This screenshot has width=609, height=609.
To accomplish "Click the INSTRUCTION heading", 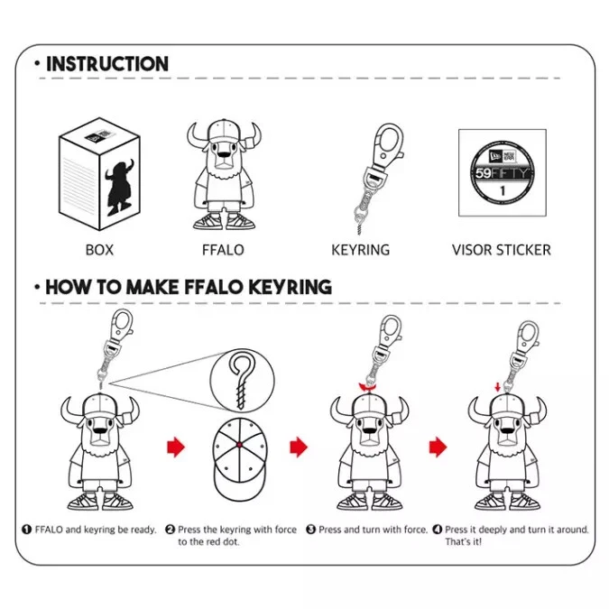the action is click(107, 64).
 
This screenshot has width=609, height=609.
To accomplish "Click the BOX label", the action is click(99, 250).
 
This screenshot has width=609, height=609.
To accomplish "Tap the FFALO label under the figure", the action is click(223, 250).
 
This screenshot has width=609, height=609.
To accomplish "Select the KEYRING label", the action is click(360, 250).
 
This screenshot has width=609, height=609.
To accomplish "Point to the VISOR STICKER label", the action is click(502, 250).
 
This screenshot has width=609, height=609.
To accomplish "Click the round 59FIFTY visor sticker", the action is click(503, 172).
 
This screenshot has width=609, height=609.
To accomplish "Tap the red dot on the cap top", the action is click(239, 445).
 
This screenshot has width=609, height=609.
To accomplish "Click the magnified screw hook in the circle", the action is click(241, 381).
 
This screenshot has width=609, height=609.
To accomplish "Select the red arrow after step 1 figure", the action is click(176, 447).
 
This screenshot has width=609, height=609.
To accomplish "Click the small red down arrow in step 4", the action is click(497, 387).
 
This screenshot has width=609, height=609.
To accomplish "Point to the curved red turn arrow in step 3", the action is click(367, 387).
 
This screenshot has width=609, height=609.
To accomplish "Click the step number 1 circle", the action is click(26, 530).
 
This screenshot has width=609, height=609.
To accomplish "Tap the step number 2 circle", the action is click(171, 530).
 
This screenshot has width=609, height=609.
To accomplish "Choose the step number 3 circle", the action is click(310, 530).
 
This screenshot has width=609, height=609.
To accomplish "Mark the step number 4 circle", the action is click(438, 530).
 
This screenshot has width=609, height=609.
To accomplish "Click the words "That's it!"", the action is click(464, 542).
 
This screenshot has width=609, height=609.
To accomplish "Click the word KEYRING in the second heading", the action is click(290, 287).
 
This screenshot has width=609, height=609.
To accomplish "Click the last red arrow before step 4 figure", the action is click(438, 447).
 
